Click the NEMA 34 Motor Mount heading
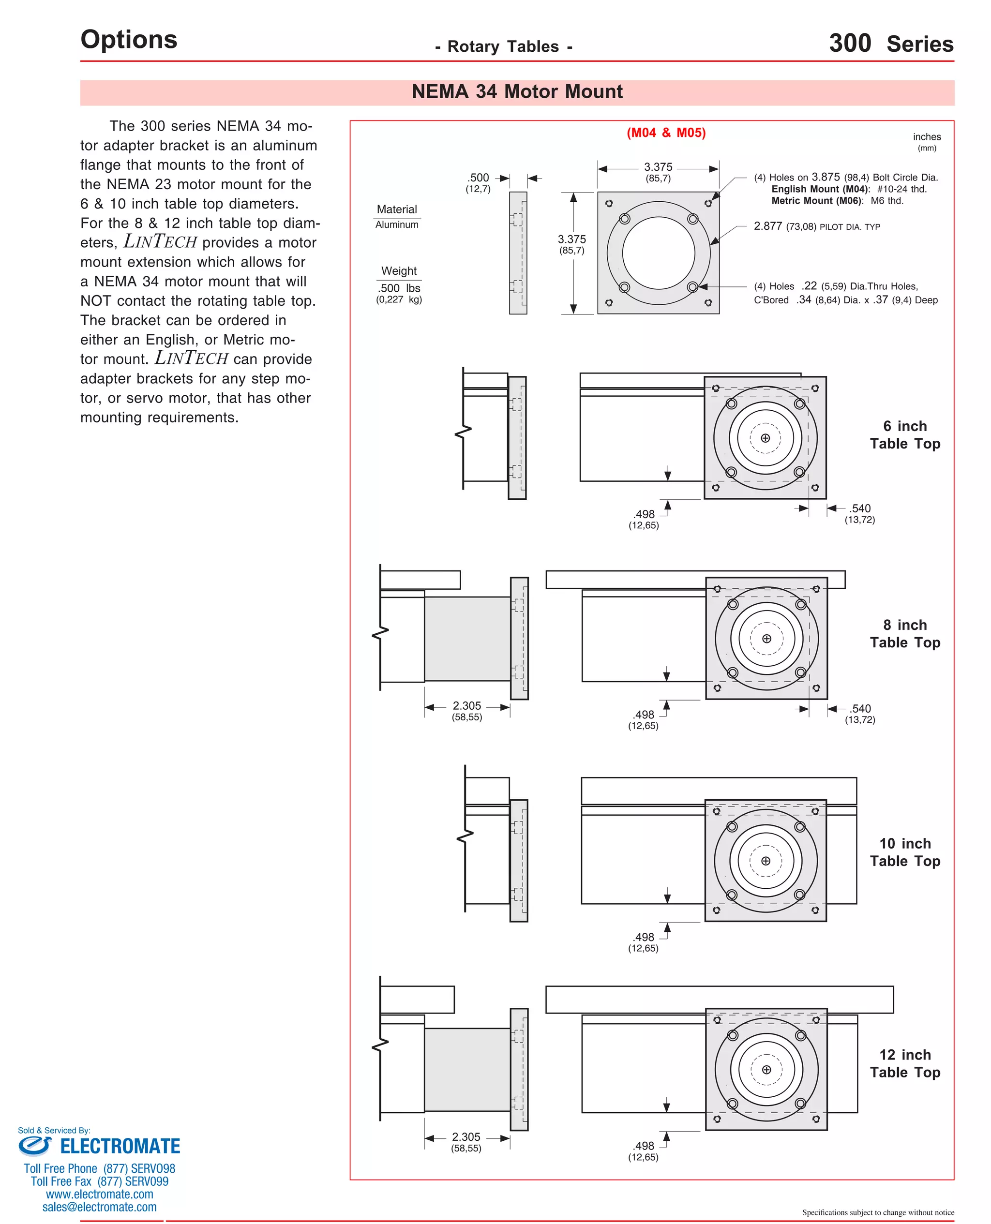[x=517, y=92]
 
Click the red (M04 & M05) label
[x=666, y=133]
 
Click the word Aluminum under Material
[x=397, y=225]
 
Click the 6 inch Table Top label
[x=904, y=435]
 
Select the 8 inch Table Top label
[x=904, y=633]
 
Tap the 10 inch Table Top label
[x=904, y=852]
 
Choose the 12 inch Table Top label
[x=904, y=1063]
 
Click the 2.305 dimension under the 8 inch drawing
[x=466, y=706]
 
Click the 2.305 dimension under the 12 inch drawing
[x=466, y=1137]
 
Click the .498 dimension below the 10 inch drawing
[x=644, y=937]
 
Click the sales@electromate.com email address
[x=99, y=1207]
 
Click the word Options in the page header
[x=129, y=39]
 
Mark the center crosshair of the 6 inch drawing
[x=765, y=438]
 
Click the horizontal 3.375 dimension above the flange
[x=658, y=167]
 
